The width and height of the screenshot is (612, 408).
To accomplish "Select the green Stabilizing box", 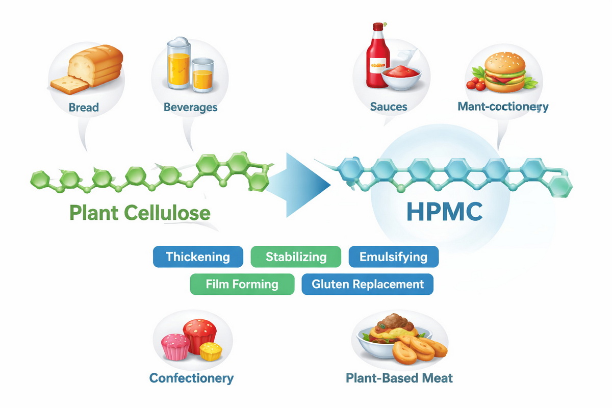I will [x=296, y=257].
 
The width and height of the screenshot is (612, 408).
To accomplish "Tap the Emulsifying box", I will [x=393, y=257].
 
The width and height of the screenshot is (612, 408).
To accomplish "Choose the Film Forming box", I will [x=242, y=284].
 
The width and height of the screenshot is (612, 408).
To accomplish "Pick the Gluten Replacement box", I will [x=367, y=284].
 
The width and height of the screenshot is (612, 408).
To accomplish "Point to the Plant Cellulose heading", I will [x=139, y=212].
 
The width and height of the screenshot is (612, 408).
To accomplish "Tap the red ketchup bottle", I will [x=378, y=56].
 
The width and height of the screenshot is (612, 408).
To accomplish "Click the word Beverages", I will [x=190, y=108].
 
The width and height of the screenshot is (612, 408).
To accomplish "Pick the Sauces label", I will [x=389, y=107].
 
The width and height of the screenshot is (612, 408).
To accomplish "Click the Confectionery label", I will [x=191, y=378].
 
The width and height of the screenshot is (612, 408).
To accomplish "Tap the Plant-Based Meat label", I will [x=399, y=378].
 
